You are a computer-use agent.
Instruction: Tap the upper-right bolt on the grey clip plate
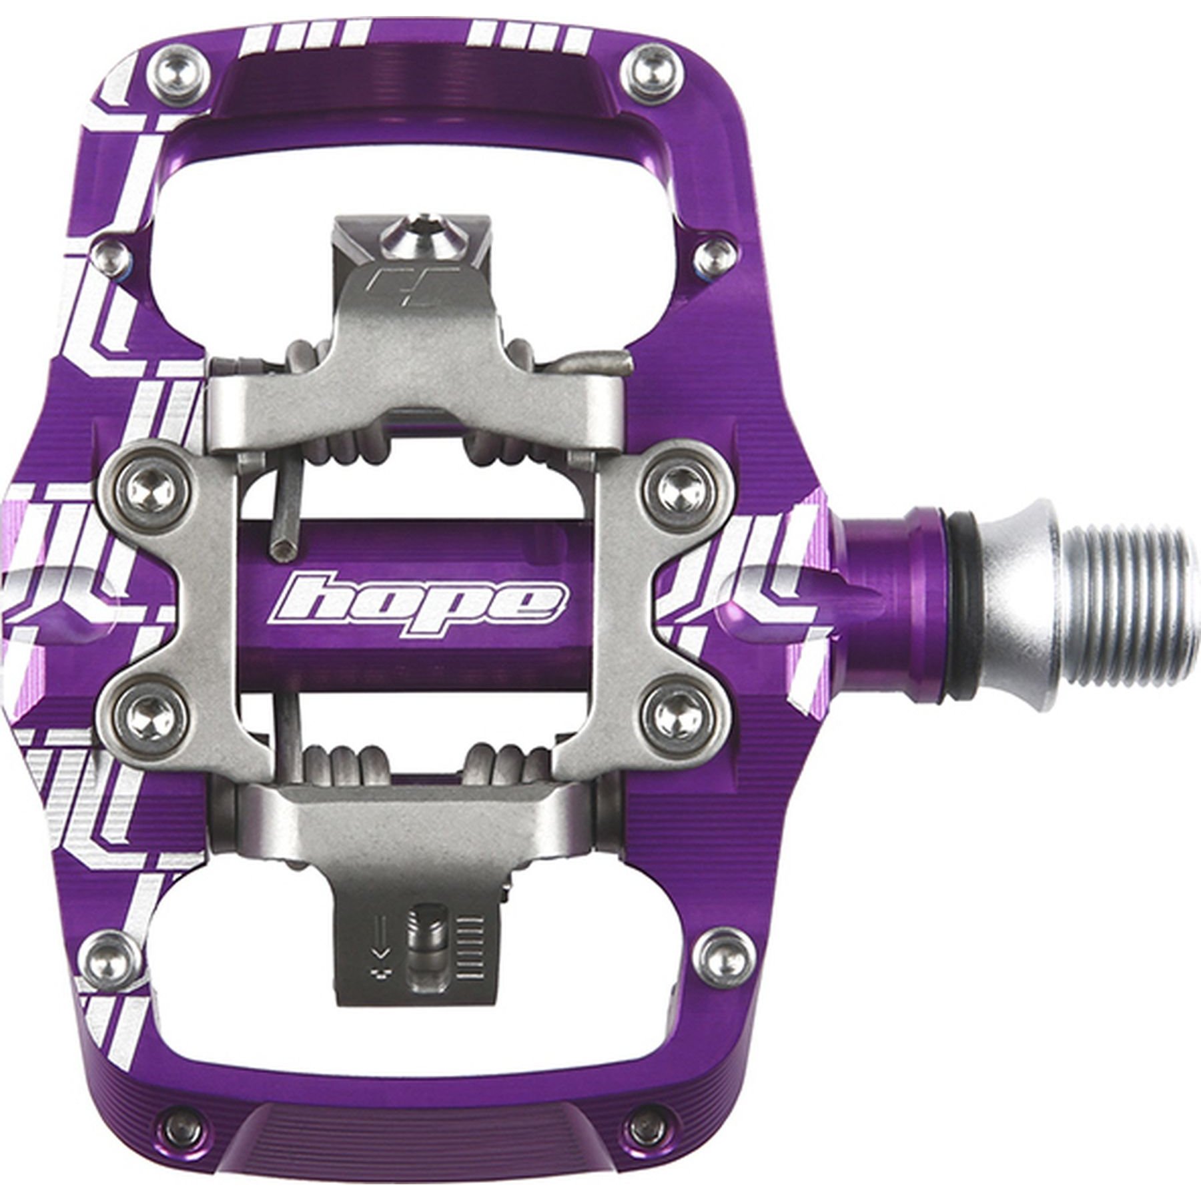[x=681, y=484]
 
